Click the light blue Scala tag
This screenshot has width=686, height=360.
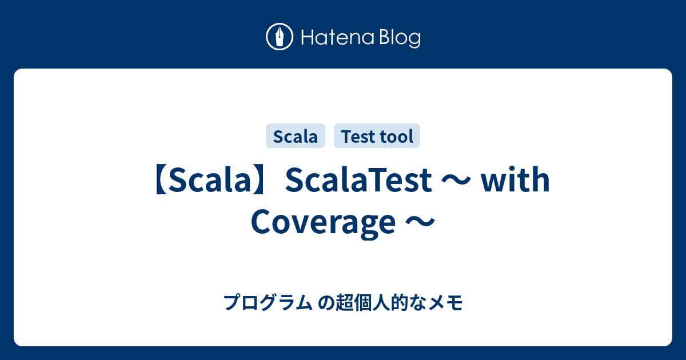[296, 137]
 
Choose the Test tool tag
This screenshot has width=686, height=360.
[377, 137]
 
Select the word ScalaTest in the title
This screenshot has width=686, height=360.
[358, 182]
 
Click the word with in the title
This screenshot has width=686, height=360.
[515, 182]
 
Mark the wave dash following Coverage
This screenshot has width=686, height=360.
[420, 223]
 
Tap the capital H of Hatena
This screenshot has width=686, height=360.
[308, 38]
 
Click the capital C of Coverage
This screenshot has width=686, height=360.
[262, 223]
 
